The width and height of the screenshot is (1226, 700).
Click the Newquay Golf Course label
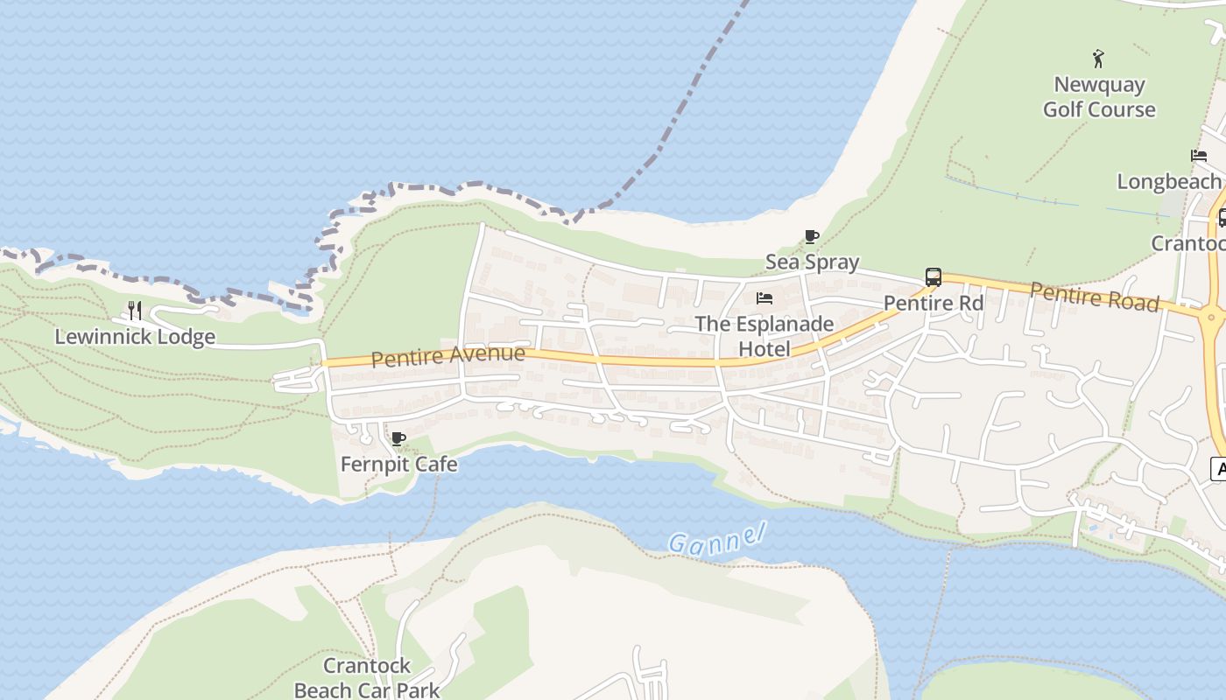1098,97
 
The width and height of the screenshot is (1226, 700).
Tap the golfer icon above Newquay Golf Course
1098,59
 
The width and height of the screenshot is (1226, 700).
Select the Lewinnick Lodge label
135,337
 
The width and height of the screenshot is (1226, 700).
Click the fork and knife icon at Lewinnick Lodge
135,310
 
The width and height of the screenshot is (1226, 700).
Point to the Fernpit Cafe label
398,464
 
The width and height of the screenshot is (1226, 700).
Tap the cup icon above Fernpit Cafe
398,438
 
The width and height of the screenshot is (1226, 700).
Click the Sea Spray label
812,262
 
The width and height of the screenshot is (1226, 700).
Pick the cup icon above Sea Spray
812,236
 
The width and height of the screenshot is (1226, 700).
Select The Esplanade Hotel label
764,336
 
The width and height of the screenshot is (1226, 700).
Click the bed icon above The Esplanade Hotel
764,298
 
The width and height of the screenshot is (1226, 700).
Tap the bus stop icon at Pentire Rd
934,277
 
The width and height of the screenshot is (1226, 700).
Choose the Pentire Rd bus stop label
934,303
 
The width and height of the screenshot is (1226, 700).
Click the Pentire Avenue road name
447,355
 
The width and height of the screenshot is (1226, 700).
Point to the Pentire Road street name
1095,297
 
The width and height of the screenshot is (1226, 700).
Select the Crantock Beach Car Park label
367,677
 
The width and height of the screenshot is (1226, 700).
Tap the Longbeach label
1168,181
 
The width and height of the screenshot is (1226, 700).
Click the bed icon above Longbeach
1199,156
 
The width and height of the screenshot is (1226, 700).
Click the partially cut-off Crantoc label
1187,243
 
